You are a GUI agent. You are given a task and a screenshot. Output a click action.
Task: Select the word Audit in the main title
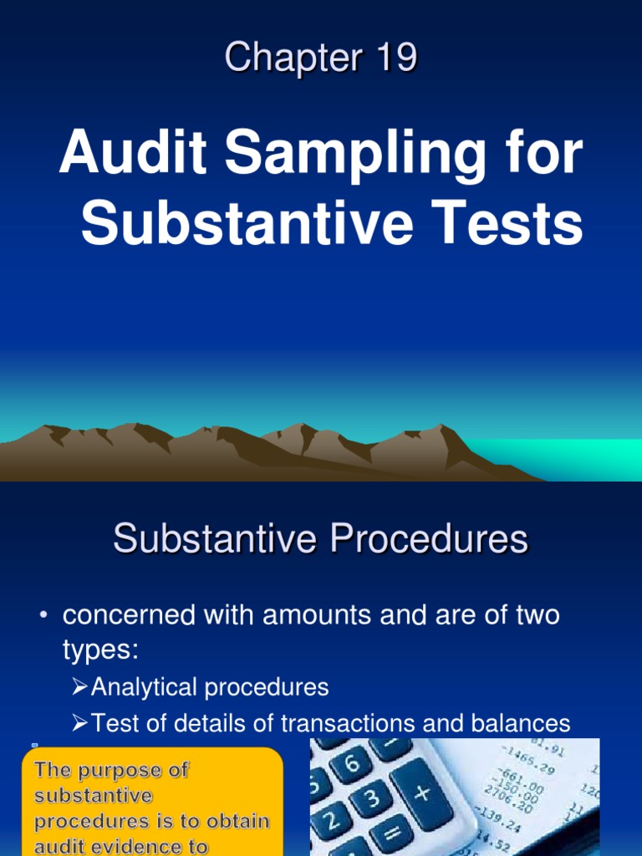[125, 154]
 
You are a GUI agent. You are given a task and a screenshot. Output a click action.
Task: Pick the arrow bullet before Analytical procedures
[79, 688]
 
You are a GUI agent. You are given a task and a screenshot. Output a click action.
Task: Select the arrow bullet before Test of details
[79, 723]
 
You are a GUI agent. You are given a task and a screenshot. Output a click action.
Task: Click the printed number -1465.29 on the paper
[536, 764]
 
